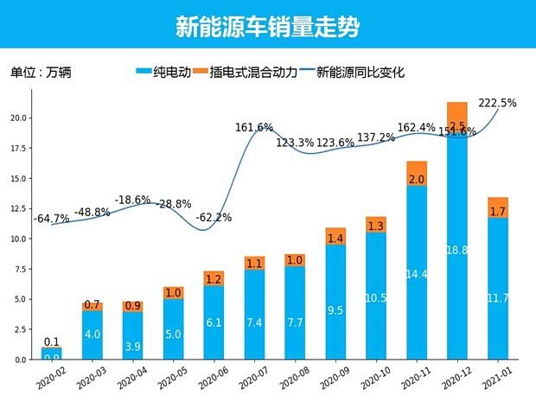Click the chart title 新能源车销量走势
(267, 27)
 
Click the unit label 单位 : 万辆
(41, 73)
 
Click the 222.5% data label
(497, 103)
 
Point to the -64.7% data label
(51, 219)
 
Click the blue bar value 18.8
(457, 250)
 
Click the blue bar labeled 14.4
(417, 274)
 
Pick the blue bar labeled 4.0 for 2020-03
(93, 335)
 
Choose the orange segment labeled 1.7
(498, 210)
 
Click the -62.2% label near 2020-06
(213, 218)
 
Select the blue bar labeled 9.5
(335, 303)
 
